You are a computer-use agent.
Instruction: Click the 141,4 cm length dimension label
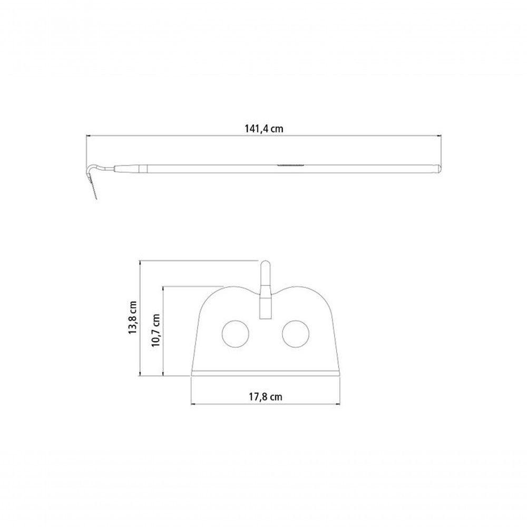coord(264,129)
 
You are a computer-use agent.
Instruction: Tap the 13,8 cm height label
coord(133,317)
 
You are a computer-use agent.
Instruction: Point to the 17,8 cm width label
coord(265,397)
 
